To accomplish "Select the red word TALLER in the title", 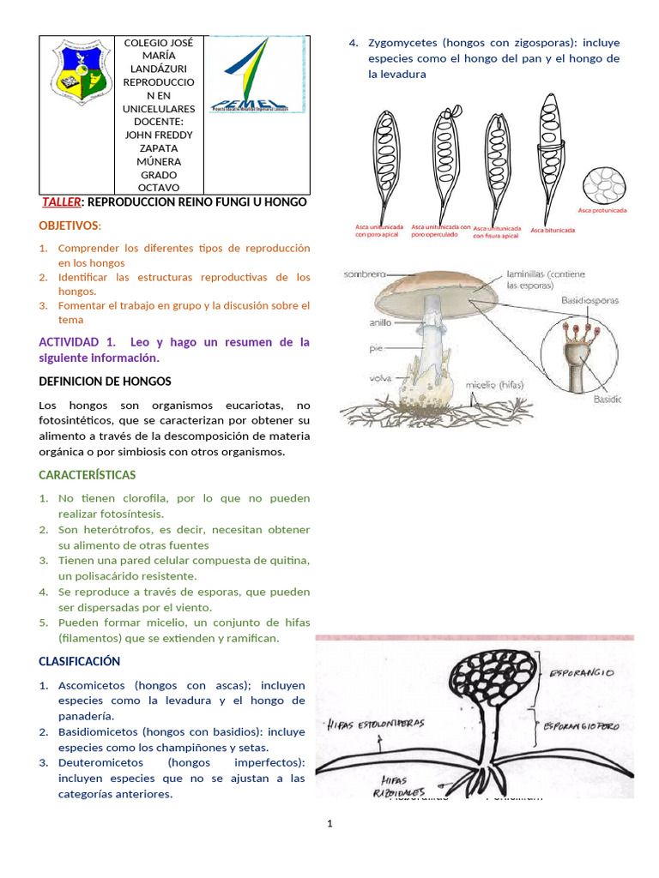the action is pos(61,202).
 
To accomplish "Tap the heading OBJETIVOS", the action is pos(69,226).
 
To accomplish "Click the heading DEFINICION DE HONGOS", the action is pos(106,381).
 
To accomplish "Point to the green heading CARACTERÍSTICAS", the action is pos(88,474).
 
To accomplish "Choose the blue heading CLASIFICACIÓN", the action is pos(80,661).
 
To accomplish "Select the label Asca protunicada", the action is pos(602,210).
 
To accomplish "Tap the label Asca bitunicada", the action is pos(553,230).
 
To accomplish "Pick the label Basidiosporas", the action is pos(590,301).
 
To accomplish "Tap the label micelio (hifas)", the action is pos(498,385).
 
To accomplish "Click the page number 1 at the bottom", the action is pos(329,824).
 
